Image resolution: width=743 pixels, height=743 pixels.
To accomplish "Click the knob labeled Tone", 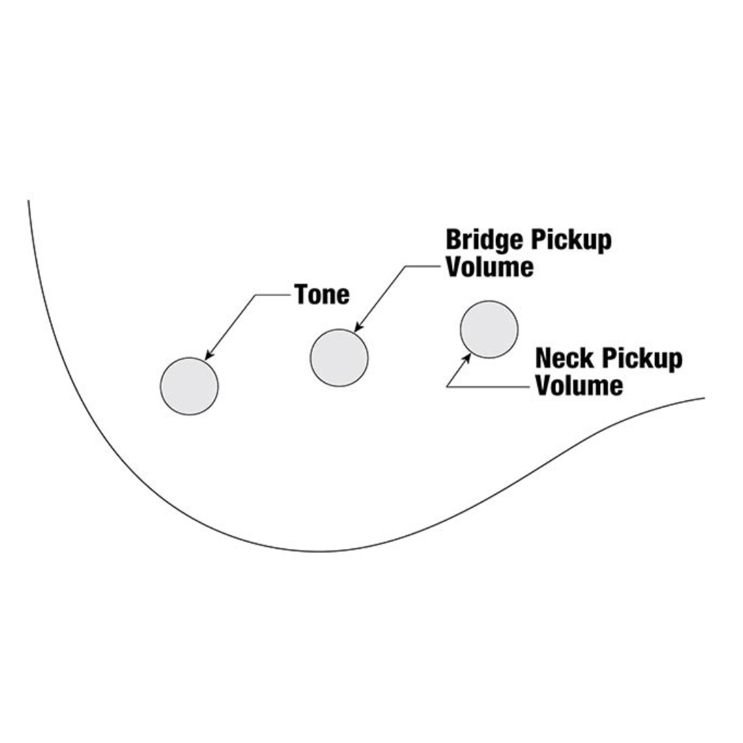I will pos(189,386).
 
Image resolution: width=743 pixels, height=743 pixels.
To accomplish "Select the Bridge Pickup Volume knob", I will pos(339,358).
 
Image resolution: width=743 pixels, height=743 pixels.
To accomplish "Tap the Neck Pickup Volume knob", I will pos(489,330).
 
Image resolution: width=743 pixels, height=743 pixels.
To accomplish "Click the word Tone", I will pos(322,294).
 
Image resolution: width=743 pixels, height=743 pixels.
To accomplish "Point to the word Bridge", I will pos(485,240).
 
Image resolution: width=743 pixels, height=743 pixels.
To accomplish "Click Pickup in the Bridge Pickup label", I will pos(571,240).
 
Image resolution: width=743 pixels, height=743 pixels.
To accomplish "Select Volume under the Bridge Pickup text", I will pos(489,266).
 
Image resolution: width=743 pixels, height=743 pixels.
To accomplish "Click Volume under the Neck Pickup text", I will pos(579,385).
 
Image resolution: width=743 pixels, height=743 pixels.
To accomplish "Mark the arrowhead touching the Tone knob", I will pos(208,356).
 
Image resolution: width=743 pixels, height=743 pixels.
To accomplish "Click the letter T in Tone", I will pos(301,294).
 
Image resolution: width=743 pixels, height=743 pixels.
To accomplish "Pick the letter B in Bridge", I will pos(454,240).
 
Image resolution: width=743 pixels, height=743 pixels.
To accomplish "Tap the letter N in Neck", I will pos(543,358).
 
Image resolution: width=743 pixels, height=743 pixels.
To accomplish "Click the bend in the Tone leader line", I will pos(256,295).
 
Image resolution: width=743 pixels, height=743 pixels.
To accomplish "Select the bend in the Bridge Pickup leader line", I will pos(406,266).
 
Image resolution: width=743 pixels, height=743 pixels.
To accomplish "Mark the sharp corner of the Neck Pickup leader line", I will pos(447,387).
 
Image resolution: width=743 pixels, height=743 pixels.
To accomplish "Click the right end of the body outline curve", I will pos(704,398).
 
